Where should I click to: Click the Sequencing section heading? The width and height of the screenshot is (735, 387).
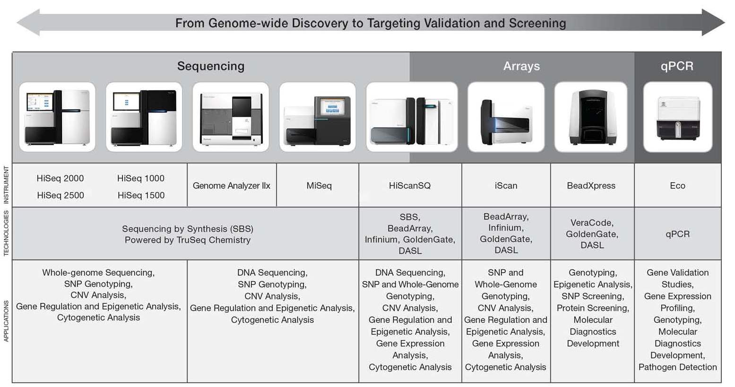point(211,66)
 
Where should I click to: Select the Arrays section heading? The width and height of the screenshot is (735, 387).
point(521,66)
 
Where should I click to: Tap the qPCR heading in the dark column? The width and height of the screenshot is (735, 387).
point(677,66)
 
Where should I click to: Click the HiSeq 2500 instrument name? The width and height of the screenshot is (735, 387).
point(61,195)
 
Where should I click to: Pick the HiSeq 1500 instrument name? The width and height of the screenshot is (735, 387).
point(141,195)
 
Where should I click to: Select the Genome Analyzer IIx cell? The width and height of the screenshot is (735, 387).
point(232,186)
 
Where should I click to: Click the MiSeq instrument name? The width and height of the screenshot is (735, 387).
point(319,186)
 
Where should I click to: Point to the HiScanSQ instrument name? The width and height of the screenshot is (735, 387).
point(410,186)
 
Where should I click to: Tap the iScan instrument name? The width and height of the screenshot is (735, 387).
point(506,186)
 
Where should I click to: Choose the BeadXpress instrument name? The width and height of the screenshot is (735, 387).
point(591,186)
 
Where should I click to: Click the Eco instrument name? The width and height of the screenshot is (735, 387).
point(677,186)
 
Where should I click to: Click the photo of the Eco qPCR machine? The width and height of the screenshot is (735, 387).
point(677,117)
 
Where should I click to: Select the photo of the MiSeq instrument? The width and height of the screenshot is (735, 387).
point(318,117)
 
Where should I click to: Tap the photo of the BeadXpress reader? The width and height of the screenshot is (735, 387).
point(591,117)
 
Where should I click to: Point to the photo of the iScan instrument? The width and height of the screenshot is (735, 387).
point(506,117)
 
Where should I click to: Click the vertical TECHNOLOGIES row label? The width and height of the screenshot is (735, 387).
point(6,233)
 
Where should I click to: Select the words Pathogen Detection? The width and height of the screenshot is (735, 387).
point(677,367)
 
